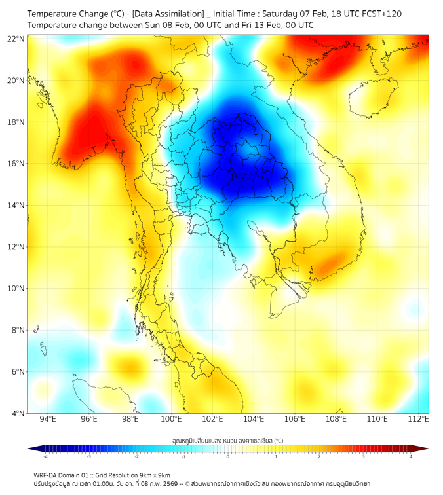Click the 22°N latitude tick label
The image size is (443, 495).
pyautogui.click(x=16, y=39)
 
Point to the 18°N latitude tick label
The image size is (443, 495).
pyautogui.click(x=16, y=122)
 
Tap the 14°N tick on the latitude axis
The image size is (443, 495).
pyautogui.click(x=16, y=205)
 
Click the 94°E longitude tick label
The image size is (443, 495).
pyautogui.click(x=48, y=419)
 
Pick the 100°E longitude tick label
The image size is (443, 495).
pyautogui.click(x=172, y=419)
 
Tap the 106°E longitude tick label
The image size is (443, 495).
pyautogui.click(x=296, y=419)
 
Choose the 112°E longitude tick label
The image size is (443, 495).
pyautogui.click(x=419, y=419)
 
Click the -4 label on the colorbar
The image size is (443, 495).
pyautogui.click(x=45, y=456)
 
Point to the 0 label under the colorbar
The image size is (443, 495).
pyautogui.click(x=228, y=456)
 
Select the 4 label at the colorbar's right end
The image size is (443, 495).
pyautogui.click(x=411, y=456)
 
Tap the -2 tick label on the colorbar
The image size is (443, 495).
pyautogui.click(x=136, y=456)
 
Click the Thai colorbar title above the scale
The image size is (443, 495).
pyautogui.click(x=227, y=441)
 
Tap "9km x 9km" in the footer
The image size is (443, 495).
pyautogui.click(x=152, y=475)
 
